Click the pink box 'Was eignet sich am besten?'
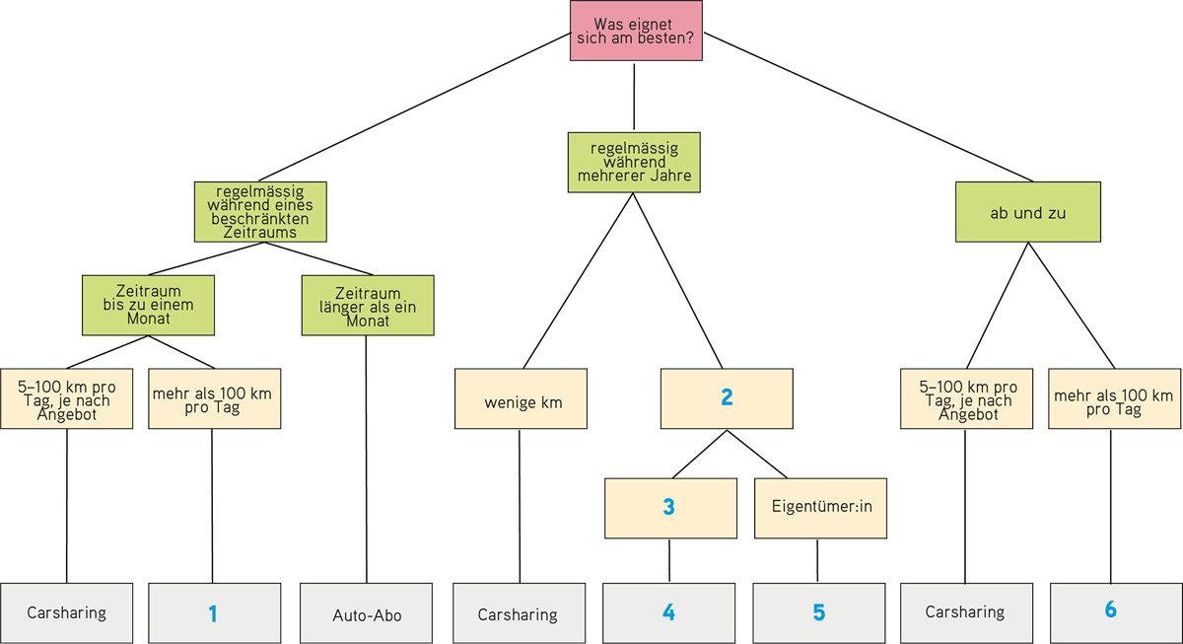(636, 31)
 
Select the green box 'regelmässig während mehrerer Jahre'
(634, 162)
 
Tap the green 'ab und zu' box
(1027, 212)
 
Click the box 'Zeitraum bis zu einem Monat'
(149, 305)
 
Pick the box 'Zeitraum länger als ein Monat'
(368, 305)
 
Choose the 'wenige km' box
(521, 398)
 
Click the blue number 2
(727, 397)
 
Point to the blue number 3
(668, 507)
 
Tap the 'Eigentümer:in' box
(820, 508)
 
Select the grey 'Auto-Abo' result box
(366, 613)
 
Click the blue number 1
(212, 613)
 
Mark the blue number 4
(668, 612)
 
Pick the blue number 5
(818, 612)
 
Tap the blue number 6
(1111, 609)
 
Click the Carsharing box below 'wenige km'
(520, 613)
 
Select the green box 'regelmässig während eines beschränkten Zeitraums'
(260, 212)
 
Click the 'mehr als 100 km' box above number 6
(1114, 398)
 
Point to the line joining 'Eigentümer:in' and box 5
(817, 560)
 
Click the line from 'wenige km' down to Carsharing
(520, 506)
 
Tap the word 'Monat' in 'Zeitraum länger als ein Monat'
(368, 321)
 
